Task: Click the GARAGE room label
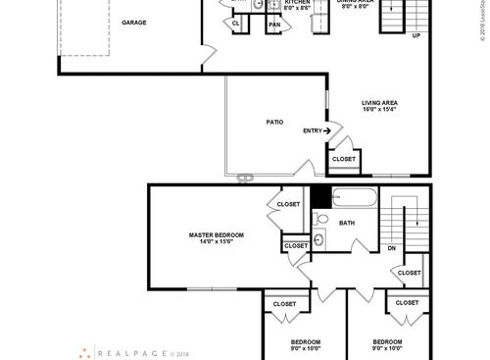coord(134,21)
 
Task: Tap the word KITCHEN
coord(270,3)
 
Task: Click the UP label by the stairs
coord(416,35)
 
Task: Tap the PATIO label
coord(274,122)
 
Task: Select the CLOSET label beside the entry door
coord(344,158)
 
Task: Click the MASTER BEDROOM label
coord(216,235)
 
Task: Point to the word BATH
coord(347,224)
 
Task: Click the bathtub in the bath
coord(353,198)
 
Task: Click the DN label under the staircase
coord(392,249)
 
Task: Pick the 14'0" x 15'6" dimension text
coord(216,242)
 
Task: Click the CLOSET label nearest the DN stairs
coord(410,273)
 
